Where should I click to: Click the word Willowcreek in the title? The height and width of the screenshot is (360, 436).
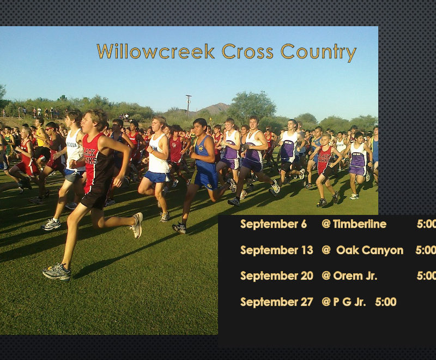tap(156, 51)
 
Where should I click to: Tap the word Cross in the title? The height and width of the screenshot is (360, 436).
tap(247, 51)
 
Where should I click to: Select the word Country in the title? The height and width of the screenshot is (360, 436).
tap(318, 52)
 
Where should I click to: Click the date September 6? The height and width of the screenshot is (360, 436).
tap(274, 224)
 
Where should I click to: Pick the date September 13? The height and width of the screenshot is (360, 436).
tap(277, 250)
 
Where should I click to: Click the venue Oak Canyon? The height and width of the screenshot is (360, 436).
tap(370, 250)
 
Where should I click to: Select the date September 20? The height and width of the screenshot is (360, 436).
tap(277, 275)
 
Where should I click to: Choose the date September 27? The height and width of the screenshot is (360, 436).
tap(277, 302)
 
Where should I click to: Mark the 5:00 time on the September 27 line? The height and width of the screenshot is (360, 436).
tap(386, 302)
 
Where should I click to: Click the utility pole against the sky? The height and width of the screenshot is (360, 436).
tap(189, 105)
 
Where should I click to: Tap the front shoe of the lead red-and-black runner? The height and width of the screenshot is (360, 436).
tap(57, 272)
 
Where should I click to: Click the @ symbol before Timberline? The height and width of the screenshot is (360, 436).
tap(326, 224)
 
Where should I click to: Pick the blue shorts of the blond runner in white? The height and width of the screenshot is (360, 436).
tap(157, 177)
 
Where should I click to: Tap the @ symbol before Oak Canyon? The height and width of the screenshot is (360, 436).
tap(326, 250)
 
